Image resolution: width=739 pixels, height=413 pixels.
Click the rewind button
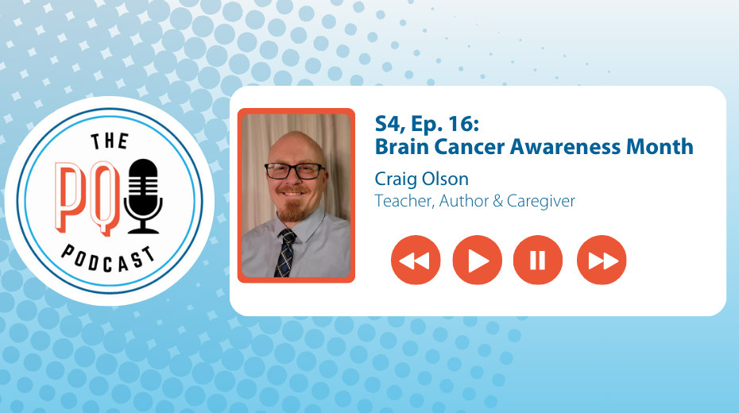tap(416, 260)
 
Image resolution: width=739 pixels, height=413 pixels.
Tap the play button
tap(477, 260)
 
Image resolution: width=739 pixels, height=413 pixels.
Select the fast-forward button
tap(602, 260)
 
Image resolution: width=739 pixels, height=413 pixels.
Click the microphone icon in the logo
tap(143, 196)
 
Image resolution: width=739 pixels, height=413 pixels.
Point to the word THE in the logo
tap(110, 141)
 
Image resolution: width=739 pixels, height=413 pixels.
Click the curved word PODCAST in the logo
tap(108, 259)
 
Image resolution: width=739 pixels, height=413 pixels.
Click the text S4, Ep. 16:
tap(427, 124)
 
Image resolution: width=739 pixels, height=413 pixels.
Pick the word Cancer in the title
tap(470, 147)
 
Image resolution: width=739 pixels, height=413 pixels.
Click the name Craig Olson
tap(422, 179)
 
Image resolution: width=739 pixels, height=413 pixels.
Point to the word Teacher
tap(404, 201)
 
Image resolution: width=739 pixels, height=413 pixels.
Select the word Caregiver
tap(541, 201)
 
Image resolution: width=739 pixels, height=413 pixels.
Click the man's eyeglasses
tap(295, 171)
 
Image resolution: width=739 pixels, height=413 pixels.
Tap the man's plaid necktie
tap(285, 253)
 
